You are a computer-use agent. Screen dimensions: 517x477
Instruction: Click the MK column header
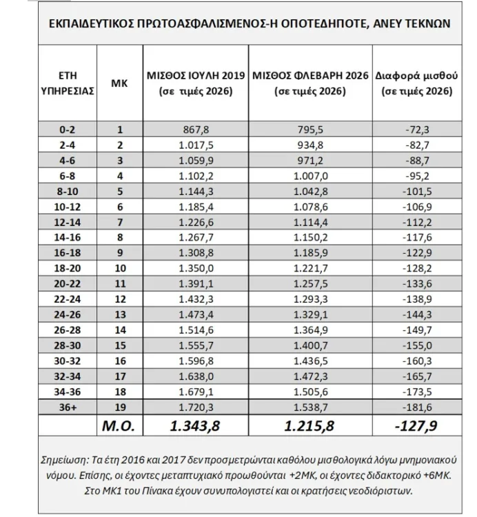119,82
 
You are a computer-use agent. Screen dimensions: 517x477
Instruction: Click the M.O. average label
119,425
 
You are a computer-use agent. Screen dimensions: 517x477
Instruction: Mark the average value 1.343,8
195,425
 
